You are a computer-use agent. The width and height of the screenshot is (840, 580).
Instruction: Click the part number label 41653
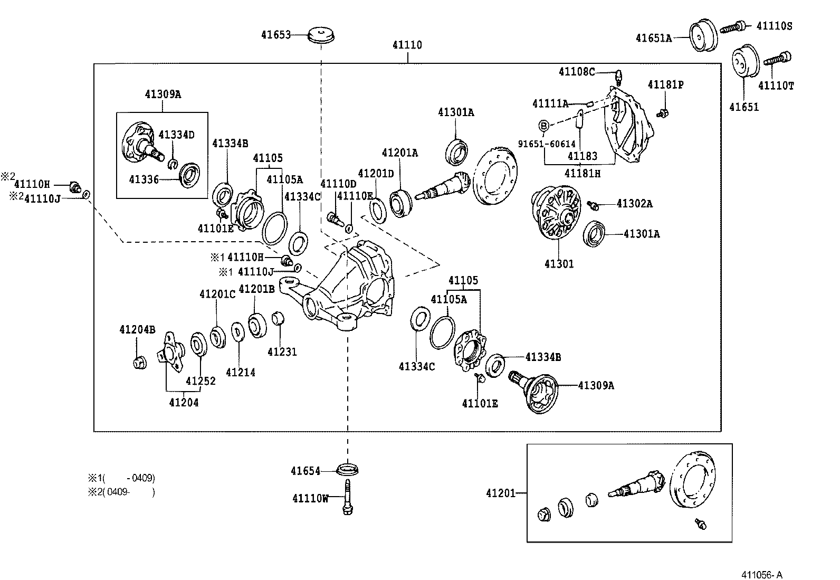pyautogui.click(x=275, y=35)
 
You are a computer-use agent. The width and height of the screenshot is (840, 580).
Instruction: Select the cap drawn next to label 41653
pyautogui.click(x=322, y=35)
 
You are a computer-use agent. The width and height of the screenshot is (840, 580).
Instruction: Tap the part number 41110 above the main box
pyautogui.click(x=407, y=45)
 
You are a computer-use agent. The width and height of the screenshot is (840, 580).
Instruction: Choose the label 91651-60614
pyautogui.click(x=546, y=144)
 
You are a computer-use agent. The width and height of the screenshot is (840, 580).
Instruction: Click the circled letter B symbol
pyautogui.click(x=545, y=126)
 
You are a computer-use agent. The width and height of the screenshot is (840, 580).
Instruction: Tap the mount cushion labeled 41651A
pyautogui.click(x=702, y=35)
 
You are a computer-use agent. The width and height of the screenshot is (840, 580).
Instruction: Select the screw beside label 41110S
pyautogui.click(x=734, y=26)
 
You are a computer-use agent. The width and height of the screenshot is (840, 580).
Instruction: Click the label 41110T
pyautogui.click(x=776, y=85)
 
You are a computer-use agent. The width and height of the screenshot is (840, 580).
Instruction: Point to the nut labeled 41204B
pyautogui.click(x=139, y=362)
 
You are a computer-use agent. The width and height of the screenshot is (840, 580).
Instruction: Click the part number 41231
pyautogui.click(x=282, y=352)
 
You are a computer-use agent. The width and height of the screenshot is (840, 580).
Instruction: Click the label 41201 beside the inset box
pyautogui.click(x=500, y=493)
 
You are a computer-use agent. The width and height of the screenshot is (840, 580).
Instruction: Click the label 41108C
pyautogui.click(x=576, y=72)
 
